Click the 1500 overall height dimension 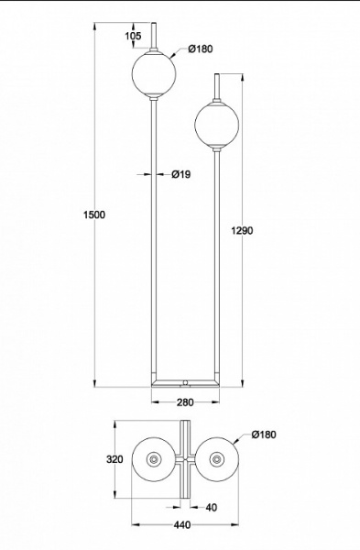coord(94,214)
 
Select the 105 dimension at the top coord(133,36)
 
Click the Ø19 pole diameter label coord(180,174)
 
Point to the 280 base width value coord(186,401)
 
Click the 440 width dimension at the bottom coord(182,525)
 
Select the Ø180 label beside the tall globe coord(201,49)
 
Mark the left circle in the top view coord(154,458)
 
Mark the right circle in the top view coord(218,458)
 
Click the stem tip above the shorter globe coord(217,83)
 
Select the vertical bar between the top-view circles coord(186,458)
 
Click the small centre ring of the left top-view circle coord(154,458)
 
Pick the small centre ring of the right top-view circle coord(218,458)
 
